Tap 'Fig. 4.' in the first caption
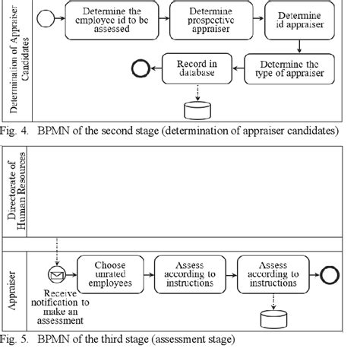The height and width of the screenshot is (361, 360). pos(17,130)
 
